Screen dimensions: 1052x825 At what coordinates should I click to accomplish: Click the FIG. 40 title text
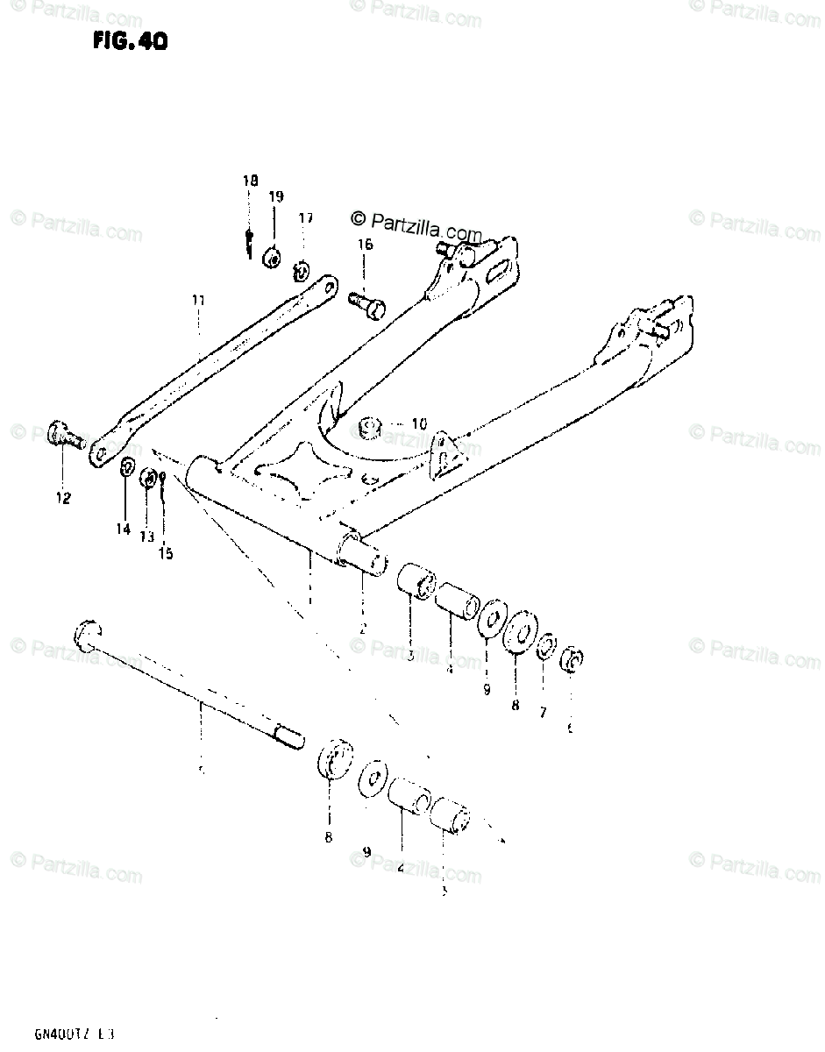(x=128, y=41)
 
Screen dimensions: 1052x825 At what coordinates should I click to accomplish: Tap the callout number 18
(x=251, y=181)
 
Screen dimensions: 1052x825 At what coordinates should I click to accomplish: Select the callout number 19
(x=276, y=197)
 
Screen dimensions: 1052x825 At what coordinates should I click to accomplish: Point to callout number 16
(x=365, y=245)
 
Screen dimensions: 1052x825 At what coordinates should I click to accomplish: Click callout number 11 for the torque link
(x=198, y=300)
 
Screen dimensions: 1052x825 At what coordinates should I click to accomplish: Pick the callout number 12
(x=63, y=498)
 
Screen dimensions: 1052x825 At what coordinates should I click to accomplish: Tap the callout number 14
(x=123, y=529)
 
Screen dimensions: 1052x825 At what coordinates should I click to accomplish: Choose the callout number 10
(x=419, y=424)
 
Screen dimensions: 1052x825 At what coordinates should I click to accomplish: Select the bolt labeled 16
(x=367, y=303)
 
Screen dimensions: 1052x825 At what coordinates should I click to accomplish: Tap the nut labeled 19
(x=273, y=257)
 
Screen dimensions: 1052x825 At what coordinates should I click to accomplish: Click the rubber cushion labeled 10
(x=371, y=428)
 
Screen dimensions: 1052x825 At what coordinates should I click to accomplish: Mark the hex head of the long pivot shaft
(x=89, y=630)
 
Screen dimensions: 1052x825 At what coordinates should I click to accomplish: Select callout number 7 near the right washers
(x=543, y=713)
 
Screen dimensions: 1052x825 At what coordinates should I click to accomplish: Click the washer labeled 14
(x=126, y=466)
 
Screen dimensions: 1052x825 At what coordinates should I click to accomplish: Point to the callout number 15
(x=166, y=553)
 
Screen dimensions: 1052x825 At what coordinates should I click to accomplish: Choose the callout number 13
(x=146, y=536)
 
